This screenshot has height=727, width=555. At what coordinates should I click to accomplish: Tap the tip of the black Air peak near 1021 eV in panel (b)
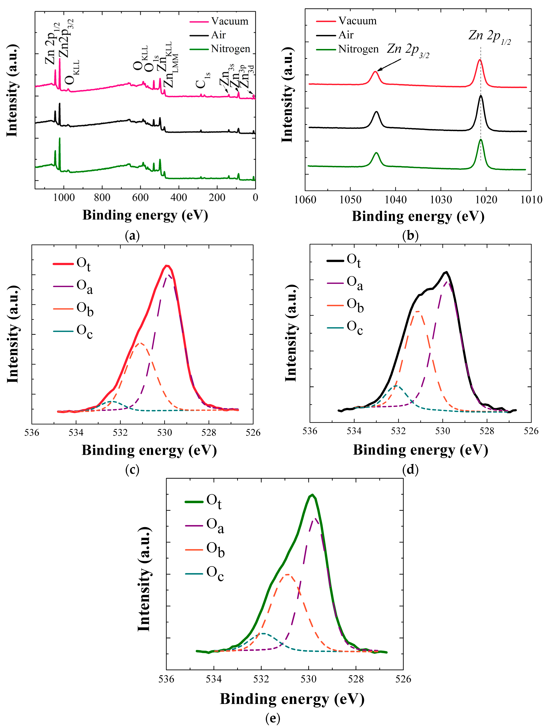(x=481, y=96)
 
